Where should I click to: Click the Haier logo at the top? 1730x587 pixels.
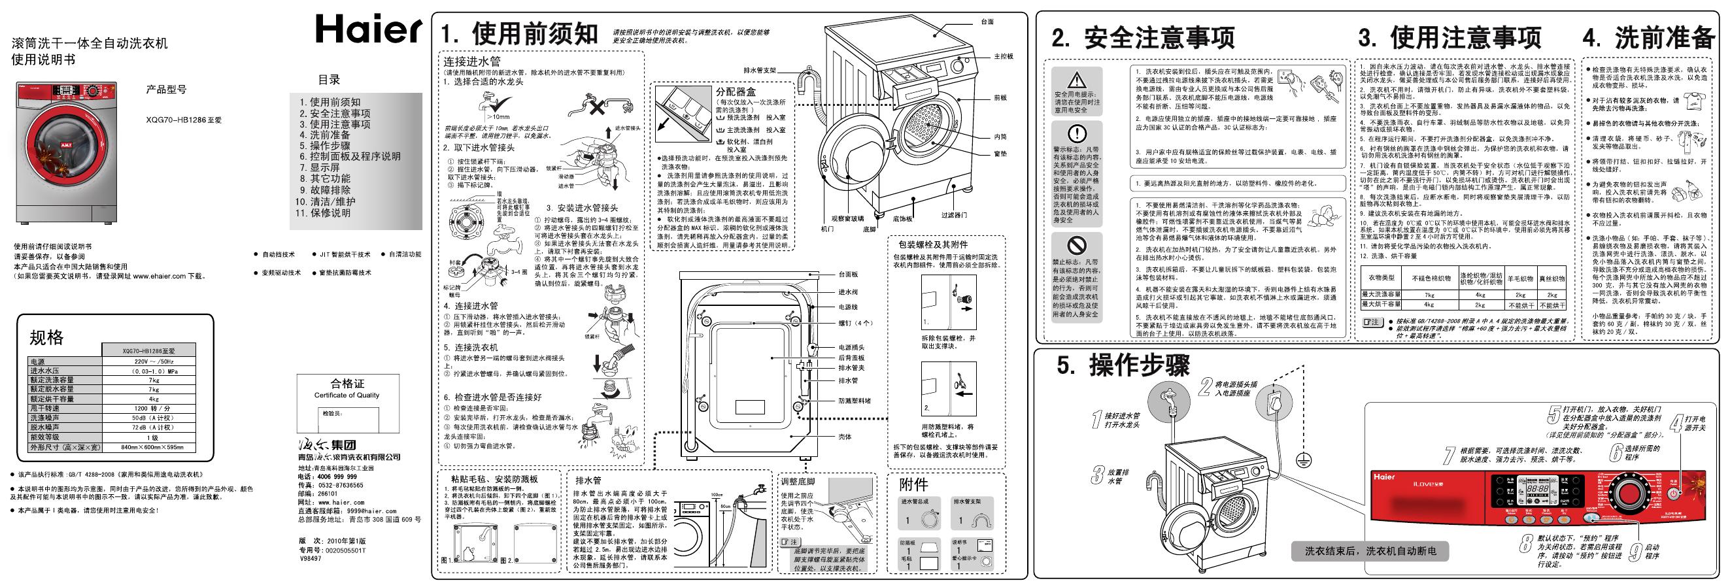pos(367,30)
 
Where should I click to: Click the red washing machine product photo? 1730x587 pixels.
pos(67,152)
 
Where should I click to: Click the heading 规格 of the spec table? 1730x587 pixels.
pos(46,337)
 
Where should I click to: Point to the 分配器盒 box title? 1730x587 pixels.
pos(736,92)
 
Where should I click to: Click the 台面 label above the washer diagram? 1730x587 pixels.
pos(987,22)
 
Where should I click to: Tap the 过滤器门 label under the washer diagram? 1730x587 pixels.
pos(954,216)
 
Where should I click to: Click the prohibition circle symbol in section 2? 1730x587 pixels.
pos(1077,244)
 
